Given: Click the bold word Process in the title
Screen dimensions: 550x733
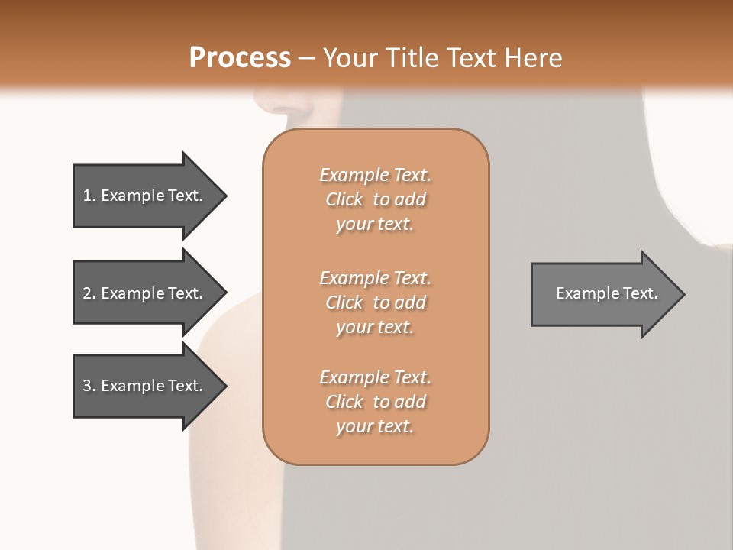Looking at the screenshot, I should click(x=240, y=58).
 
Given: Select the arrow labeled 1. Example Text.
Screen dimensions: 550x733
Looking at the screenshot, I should click(x=145, y=196).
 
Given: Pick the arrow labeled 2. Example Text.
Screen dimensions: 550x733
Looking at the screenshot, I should click(x=145, y=293).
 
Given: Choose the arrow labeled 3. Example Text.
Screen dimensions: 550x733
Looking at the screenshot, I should click(x=145, y=386).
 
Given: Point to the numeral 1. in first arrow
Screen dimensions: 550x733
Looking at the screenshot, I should click(x=89, y=196).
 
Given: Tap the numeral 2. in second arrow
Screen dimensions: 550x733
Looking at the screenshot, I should click(x=89, y=293).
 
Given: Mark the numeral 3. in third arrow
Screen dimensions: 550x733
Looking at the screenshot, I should click(x=89, y=386).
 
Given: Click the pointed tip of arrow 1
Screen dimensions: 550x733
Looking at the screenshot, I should click(x=224, y=196).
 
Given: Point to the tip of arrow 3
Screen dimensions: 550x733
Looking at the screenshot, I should click(x=224, y=386).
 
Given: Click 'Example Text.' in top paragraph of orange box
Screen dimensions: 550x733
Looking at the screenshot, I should click(x=375, y=175).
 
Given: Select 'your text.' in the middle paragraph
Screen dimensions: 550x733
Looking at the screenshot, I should click(x=375, y=327).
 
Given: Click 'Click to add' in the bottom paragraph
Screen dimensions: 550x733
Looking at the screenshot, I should click(x=375, y=402).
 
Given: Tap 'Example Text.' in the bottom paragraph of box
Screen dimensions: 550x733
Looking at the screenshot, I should click(x=375, y=377).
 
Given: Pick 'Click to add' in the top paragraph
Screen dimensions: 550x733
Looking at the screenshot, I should click(x=375, y=199).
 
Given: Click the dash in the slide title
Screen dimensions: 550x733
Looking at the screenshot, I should click(x=306, y=58).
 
